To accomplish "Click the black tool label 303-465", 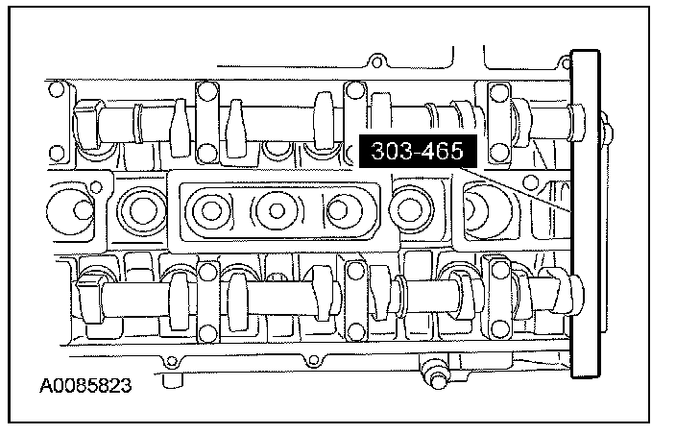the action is (x=418, y=151).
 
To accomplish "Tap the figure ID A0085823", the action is (x=85, y=386).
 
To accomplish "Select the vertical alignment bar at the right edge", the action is (x=586, y=214).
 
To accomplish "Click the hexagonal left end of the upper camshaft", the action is (x=87, y=125).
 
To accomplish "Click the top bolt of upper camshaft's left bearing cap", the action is (x=207, y=91).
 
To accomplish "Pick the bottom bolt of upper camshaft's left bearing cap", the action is (x=207, y=153).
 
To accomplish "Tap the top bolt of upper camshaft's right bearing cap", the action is (x=499, y=92).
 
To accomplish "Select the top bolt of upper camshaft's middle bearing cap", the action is (x=355, y=91).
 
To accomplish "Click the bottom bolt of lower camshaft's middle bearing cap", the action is (x=355, y=331).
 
